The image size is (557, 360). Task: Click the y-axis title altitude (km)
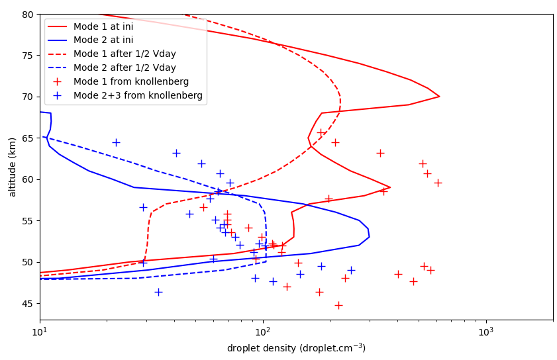click(x=13, y=167)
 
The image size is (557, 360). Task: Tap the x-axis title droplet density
click(x=296, y=348)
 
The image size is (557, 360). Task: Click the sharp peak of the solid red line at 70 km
click(x=439, y=97)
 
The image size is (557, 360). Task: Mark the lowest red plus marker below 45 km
click(x=338, y=305)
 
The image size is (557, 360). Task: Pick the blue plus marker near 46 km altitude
click(x=158, y=292)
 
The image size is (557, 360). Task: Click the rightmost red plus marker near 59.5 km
click(x=438, y=183)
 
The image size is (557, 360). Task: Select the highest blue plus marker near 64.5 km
click(x=116, y=142)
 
